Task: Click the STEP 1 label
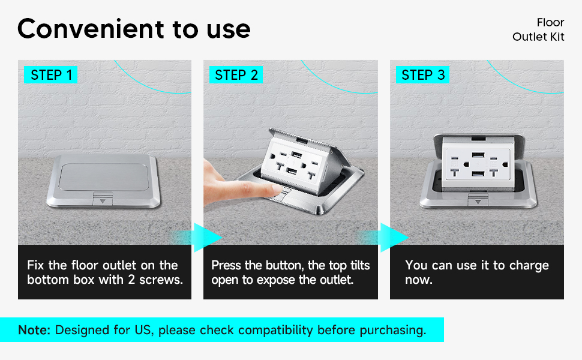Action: (x=51, y=75)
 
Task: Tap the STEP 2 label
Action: (x=236, y=75)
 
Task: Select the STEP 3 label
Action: (x=423, y=75)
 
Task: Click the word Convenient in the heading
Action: (x=91, y=29)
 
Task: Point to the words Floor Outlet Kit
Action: (x=538, y=29)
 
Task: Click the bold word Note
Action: (x=34, y=330)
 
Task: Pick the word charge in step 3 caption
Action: (x=529, y=266)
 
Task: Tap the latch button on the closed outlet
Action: (x=103, y=199)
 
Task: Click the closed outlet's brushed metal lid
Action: (x=104, y=177)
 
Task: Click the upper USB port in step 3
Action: (x=478, y=155)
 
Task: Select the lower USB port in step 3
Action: (x=478, y=173)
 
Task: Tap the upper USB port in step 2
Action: (x=296, y=154)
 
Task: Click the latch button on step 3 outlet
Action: (x=478, y=200)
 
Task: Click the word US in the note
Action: (x=143, y=330)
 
